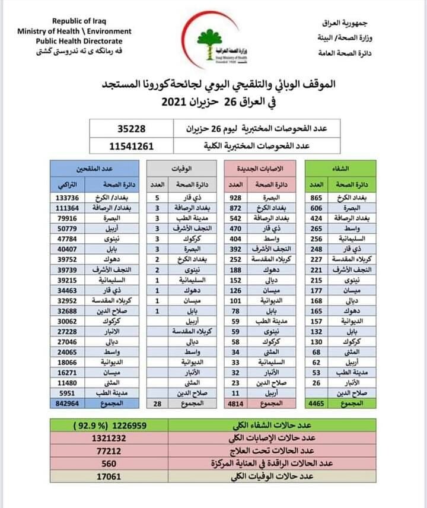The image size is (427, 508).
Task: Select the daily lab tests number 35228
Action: click(x=131, y=128)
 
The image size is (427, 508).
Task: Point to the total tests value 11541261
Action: click(x=131, y=145)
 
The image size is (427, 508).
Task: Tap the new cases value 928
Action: click(x=237, y=197)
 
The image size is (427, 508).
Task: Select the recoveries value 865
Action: click(x=316, y=197)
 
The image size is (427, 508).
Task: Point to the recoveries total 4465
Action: click(x=316, y=404)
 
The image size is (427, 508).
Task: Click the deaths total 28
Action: click(x=157, y=404)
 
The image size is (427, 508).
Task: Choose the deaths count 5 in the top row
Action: click(x=157, y=197)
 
